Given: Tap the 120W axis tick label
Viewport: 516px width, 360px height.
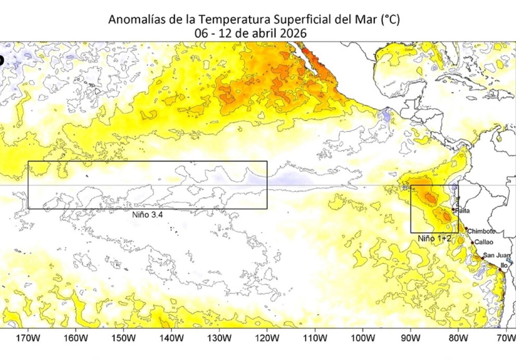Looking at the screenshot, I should [x=267, y=337].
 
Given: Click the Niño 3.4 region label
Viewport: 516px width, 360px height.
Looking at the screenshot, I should [x=147, y=215].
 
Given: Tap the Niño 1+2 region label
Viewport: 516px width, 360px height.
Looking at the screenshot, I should [x=434, y=238].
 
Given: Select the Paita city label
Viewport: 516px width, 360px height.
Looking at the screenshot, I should [x=462, y=211].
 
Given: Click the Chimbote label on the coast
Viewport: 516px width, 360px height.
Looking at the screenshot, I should [x=481, y=231].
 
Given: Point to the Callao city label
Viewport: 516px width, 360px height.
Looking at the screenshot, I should [x=484, y=242].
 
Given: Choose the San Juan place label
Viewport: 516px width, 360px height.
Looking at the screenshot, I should [x=497, y=255].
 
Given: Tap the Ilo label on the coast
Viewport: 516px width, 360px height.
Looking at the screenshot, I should [x=504, y=265].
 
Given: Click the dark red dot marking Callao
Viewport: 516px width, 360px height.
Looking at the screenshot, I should [x=472, y=242].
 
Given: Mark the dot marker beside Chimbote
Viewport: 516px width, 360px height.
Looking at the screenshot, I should [x=466, y=228].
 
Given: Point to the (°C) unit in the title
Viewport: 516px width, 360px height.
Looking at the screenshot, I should [x=390, y=19].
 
